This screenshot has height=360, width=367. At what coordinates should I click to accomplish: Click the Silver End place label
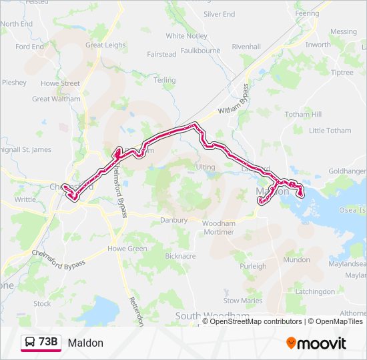[x=219, y=14]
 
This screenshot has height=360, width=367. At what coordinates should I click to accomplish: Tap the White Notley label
[x=187, y=36]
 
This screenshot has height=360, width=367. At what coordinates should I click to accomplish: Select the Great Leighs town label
[x=105, y=45]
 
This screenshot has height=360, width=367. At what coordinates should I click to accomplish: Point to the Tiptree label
[x=342, y=73]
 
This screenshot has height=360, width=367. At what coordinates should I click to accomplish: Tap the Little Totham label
[x=330, y=131]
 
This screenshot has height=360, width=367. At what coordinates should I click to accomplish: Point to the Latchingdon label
[x=315, y=291]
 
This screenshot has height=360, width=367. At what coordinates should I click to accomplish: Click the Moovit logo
[x=316, y=343]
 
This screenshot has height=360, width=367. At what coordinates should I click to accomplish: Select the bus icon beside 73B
[x=30, y=343]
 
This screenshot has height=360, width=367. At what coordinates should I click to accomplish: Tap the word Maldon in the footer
[x=85, y=343]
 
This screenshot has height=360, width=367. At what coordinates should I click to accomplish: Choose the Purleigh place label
[x=253, y=266]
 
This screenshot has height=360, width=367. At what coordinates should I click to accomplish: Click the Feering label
[x=307, y=13]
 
